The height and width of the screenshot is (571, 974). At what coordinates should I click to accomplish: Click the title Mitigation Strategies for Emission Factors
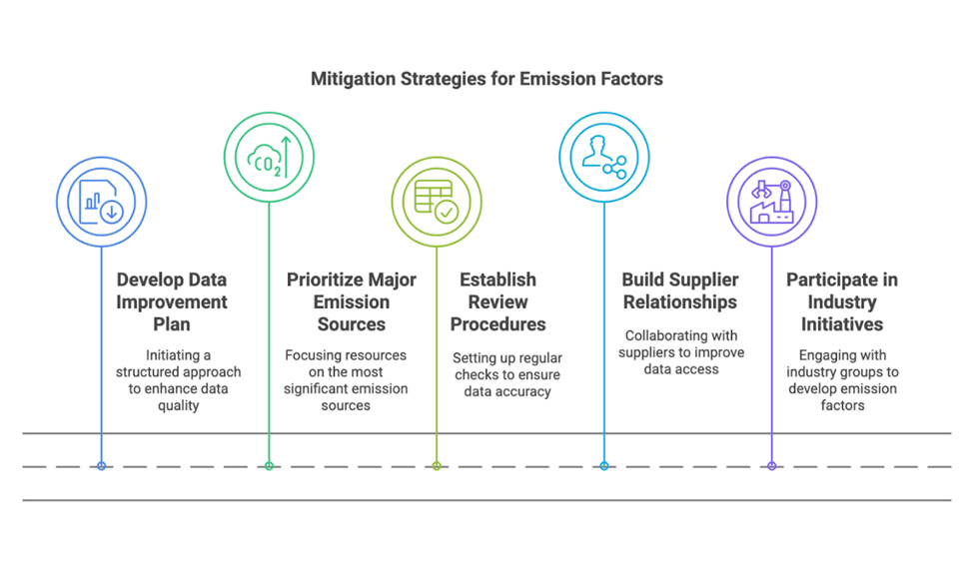click(487, 78)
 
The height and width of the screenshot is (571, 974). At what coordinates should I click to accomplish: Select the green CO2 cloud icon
click(269, 157)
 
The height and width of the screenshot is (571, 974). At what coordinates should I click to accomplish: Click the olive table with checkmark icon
click(437, 202)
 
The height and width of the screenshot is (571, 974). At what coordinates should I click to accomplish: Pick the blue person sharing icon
click(603, 157)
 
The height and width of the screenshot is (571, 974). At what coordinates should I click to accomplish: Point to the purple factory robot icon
click(771, 202)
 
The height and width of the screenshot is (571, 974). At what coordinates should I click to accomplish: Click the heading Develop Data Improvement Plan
click(172, 302)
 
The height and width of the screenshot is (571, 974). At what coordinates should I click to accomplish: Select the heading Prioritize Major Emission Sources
click(352, 301)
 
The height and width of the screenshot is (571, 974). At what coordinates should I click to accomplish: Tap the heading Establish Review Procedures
click(497, 301)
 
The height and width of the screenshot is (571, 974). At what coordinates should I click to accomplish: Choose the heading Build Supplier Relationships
click(679, 290)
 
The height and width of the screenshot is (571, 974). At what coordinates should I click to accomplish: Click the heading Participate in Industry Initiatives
click(842, 301)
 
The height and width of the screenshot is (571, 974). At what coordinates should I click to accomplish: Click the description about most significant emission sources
click(347, 379)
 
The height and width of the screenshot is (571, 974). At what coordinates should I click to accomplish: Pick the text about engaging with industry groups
click(842, 380)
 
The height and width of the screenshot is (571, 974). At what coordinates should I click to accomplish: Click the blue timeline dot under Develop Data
click(101, 465)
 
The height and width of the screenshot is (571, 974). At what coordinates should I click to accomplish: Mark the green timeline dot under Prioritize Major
click(269, 465)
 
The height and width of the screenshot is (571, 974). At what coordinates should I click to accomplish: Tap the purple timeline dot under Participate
click(771, 465)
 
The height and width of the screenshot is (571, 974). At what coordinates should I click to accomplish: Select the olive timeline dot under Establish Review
click(437, 465)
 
